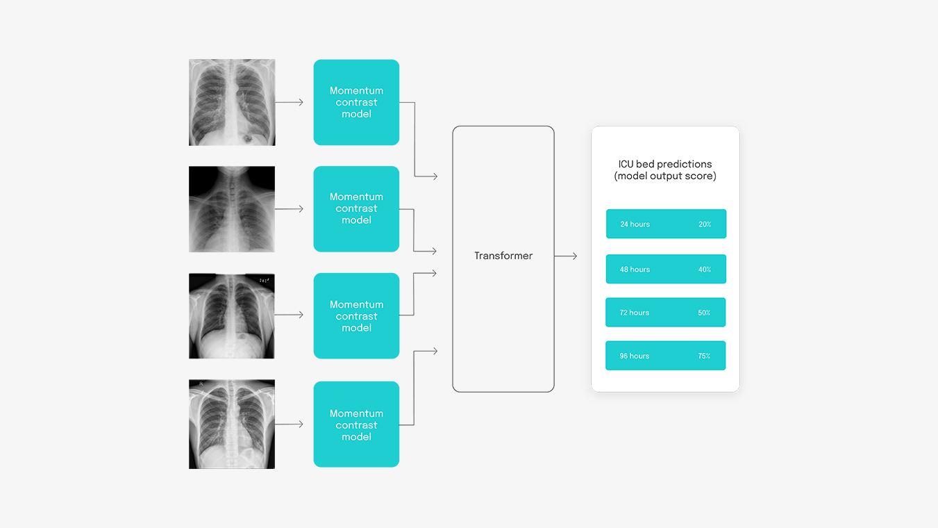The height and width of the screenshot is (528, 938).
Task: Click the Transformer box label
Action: pyautogui.click(x=503, y=256)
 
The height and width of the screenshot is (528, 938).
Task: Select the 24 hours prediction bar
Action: pyautogui.click(x=666, y=224)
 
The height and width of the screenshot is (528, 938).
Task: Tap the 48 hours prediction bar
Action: pyautogui.click(x=666, y=269)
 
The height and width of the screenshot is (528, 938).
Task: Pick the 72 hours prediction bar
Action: pyautogui.click(x=665, y=313)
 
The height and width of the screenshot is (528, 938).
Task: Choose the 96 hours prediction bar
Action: pyautogui.click(x=665, y=356)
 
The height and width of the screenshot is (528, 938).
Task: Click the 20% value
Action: pyautogui.click(x=705, y=224)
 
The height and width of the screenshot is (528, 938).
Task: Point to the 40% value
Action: pyautogui.click(x=705, y=270)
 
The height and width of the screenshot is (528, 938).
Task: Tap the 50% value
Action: pyautogui.click(x=704, y=313)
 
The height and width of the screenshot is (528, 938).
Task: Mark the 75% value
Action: pyautogui.click(x=704, y=356)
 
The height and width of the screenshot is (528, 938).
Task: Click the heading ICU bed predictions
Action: pyautogui.click(x=665, y=164)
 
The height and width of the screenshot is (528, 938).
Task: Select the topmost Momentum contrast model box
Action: pyautogui.click(x=356, y=102)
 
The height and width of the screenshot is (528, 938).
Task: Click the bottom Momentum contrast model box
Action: pyautogui.click(x=356, y=424)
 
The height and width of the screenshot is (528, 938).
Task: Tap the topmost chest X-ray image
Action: pyautogui.click(x=232, y=102)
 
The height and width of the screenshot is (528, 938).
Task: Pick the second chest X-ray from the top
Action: pyautogui.click(x=232, y=209)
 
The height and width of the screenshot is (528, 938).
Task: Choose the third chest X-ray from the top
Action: pyautogui.click(x=232, y=315)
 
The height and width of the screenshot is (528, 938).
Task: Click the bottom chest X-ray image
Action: pyautogui.click(x=232, y=424)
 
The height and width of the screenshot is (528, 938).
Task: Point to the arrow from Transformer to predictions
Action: pyautogui.click(x=566, y=256)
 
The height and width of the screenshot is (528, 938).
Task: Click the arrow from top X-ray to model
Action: pyautogui.click(x=290, y=102)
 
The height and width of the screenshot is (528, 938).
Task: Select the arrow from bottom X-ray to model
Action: pyautogui.click(x=290, y=424)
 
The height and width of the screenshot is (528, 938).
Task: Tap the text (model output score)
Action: pyautogui.click(x=665, y=176)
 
